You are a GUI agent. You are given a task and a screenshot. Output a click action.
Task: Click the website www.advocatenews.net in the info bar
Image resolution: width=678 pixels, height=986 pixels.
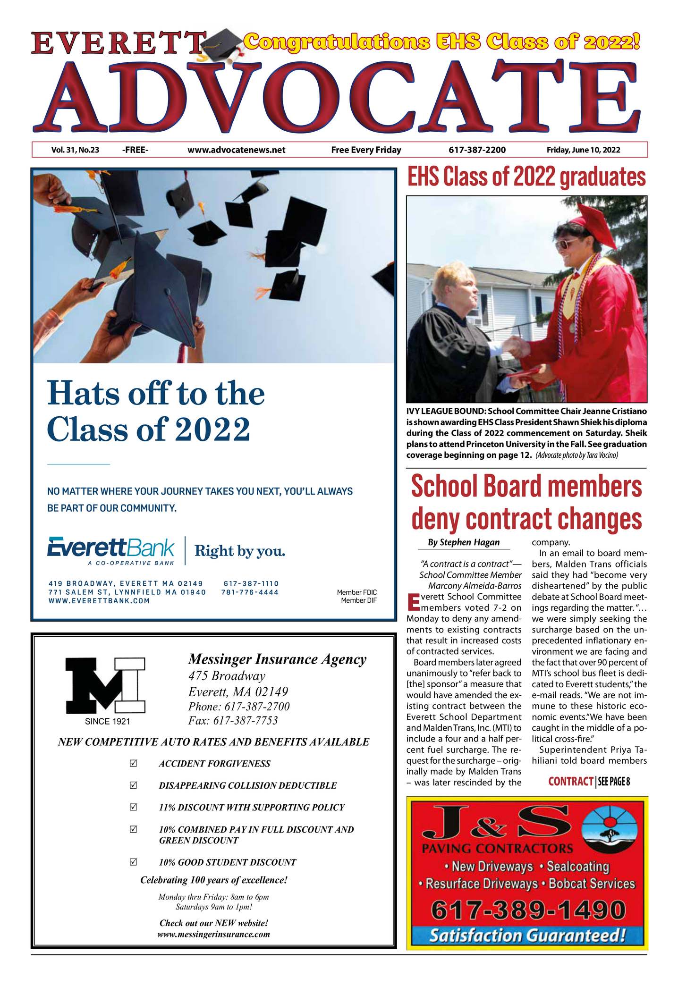(x=236, y=150)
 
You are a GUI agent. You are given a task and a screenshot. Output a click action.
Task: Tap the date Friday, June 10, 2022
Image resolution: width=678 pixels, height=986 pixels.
(x=583, y=150)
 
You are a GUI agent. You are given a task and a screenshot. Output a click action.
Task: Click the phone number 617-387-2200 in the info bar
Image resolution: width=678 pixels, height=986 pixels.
(x=477, y=150)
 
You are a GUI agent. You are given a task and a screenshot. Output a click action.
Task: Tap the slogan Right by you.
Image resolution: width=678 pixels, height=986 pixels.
(x=240, y=551)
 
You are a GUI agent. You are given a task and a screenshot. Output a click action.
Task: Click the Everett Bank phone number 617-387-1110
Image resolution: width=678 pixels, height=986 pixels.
(x=251, y=583)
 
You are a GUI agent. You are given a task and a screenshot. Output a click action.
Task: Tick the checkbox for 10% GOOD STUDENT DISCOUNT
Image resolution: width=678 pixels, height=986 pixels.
(x=133, y=862)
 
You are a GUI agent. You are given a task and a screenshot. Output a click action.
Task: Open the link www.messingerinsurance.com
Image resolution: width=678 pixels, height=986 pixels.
(x=213, y=934)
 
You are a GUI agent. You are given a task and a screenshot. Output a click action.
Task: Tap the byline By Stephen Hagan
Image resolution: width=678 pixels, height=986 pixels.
(x=463, y=542)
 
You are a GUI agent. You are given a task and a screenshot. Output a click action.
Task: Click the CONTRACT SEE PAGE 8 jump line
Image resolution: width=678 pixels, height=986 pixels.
(x=589, y=782)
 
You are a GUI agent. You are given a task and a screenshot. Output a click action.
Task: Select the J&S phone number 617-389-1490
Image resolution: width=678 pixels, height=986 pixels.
(x=527, y=909)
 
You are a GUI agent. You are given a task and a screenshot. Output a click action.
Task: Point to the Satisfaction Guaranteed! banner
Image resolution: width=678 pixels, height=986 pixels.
(x=527, y=935)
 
